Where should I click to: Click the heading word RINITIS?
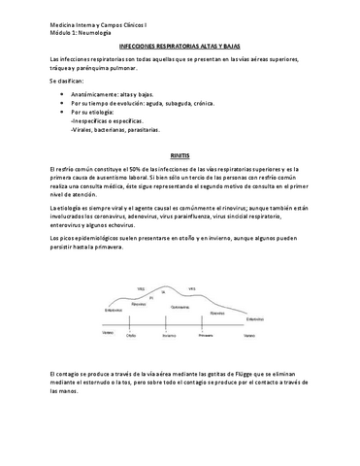179,154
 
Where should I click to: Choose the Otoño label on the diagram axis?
131,335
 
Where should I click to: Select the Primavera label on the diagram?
205,335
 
